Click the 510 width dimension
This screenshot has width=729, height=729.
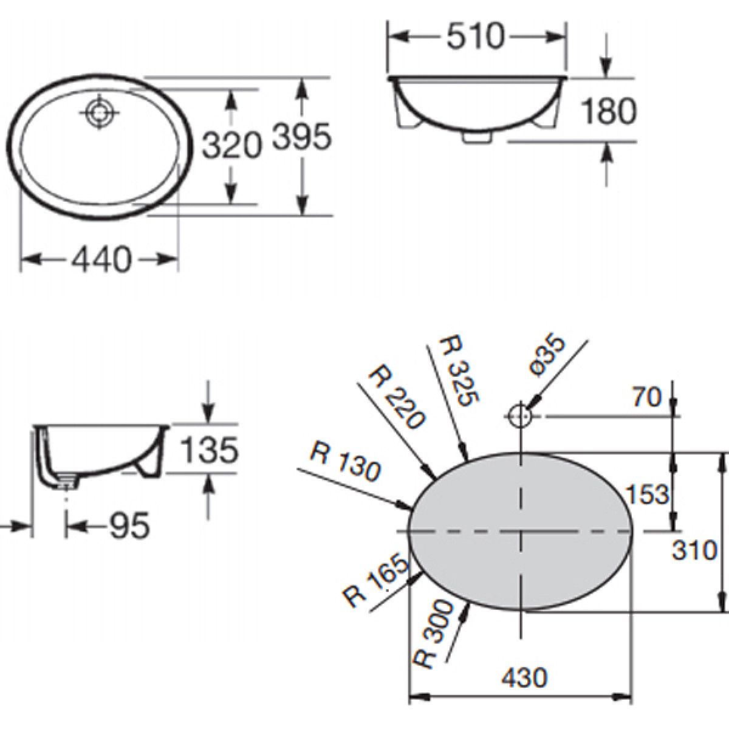coord(476,36)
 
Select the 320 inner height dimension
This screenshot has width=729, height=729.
coord(231,146)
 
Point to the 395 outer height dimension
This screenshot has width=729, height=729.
coord(301,137)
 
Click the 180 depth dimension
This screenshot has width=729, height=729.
coord(609,111)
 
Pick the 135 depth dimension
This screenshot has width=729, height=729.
coord(210,450)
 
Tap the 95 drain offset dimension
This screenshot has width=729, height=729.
coord(129,525)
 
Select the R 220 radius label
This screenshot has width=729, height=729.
coord(397,397)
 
